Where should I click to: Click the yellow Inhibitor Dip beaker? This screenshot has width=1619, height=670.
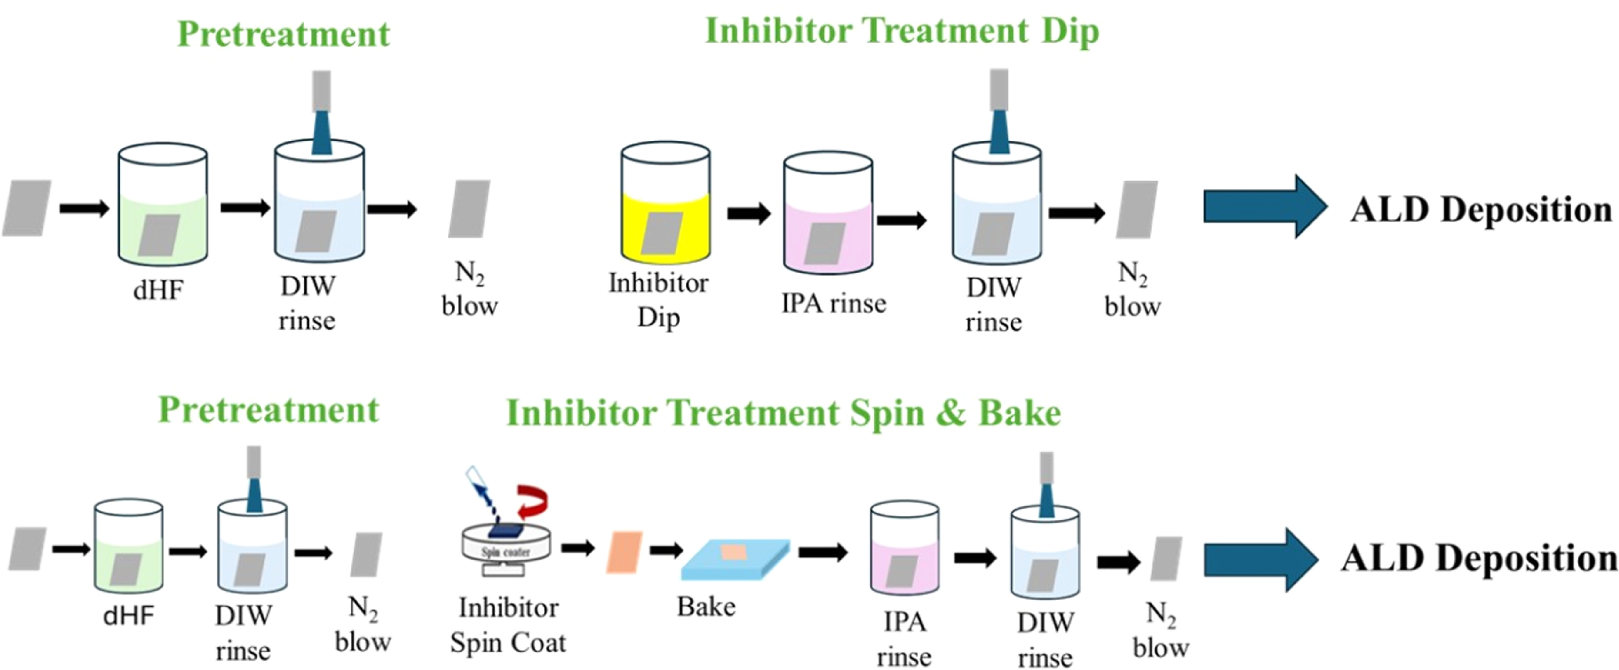point(666,202)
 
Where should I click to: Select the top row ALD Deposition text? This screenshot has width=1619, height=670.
point(1481,209)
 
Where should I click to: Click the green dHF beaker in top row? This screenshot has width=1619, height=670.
point(163,204)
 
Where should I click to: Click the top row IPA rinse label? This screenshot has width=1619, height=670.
point(833,303)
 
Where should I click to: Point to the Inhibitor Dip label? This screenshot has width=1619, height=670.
point(658,300)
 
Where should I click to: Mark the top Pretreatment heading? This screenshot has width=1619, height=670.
point(283,33)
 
